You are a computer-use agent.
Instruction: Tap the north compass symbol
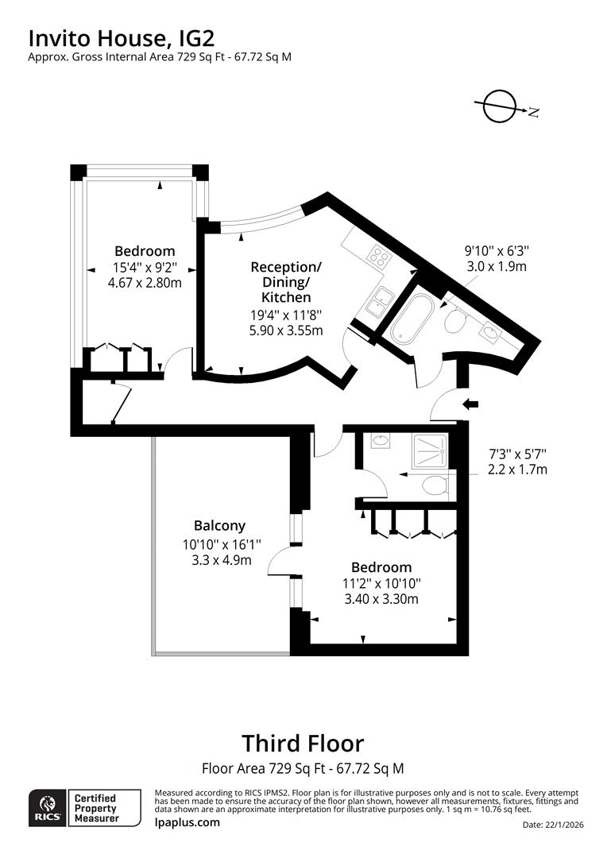click(500, 107)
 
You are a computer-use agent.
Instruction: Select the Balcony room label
click(219, 525)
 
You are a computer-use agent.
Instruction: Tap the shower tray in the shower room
click(429, 449)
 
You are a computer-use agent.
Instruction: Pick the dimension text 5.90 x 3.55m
click(286, 330)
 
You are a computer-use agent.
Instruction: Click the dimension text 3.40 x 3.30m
click(381, 598)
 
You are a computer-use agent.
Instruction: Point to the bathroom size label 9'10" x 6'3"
click(496, 250)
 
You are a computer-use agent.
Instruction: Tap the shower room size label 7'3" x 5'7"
click(517, 454)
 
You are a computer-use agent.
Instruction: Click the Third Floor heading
click(303, 744)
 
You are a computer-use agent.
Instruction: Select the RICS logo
click(45, 808)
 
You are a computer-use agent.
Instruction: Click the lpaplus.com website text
click(187, 822)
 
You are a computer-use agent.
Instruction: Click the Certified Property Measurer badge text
click(95, 808)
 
